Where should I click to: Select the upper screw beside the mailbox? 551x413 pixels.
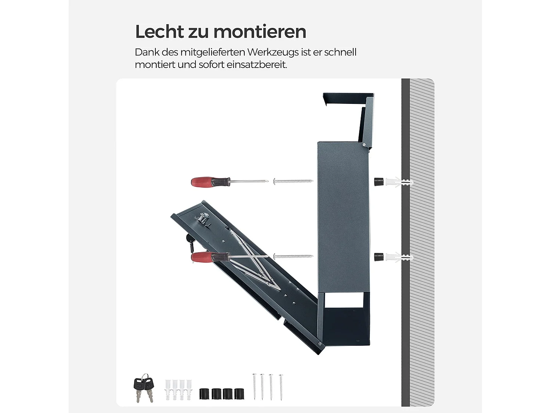(293, 181)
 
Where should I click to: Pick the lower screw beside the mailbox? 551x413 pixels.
(293, 256)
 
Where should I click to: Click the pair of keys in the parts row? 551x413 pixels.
(143, 388)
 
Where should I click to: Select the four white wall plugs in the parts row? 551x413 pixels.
(179, 389)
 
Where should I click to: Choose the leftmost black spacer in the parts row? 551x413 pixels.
(204, 394)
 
